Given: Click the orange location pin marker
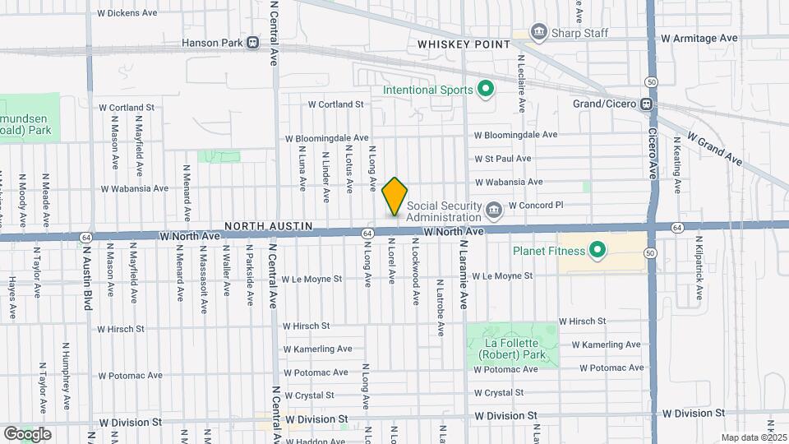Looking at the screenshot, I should point(394,197).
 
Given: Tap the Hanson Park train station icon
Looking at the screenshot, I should point(252,42).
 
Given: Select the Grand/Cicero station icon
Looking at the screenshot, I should point(647,104).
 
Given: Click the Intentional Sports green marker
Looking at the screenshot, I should point(486,90).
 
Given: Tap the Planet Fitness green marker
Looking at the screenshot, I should point(598,251).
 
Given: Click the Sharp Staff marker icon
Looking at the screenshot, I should point(539,32).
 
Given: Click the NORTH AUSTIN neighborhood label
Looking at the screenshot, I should point(263,224).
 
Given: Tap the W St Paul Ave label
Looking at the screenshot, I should point(503,159).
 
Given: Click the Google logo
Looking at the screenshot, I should point(27,433).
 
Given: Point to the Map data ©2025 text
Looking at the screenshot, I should point(753,437).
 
